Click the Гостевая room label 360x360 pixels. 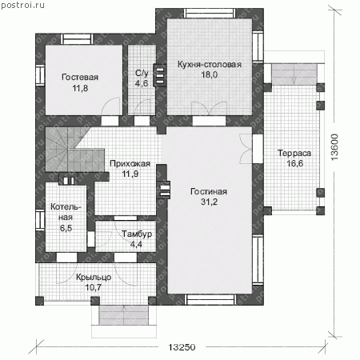point(80,78)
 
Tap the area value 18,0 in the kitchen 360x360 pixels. point(210,74)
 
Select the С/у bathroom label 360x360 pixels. point(142,73)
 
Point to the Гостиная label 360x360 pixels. point(209,191)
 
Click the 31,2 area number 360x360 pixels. point(210,202)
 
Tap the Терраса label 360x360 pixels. point(294,153)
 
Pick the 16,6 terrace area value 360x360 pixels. point(294,163)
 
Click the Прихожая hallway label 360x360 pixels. point(130,163)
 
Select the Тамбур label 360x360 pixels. point(137,234)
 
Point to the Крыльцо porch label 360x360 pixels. point(94,278)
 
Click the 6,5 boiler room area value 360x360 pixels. point(66,228)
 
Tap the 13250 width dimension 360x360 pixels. point(182,347)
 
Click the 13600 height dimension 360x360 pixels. point(334,147)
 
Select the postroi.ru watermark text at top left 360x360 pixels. point(22,6)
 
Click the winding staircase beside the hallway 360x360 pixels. point(74,150)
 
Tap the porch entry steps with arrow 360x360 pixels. point(124,315)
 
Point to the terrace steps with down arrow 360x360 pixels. point(294,74)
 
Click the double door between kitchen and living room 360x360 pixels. point(209,109)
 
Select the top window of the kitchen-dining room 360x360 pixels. point(210,13)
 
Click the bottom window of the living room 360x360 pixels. point(210,299)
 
